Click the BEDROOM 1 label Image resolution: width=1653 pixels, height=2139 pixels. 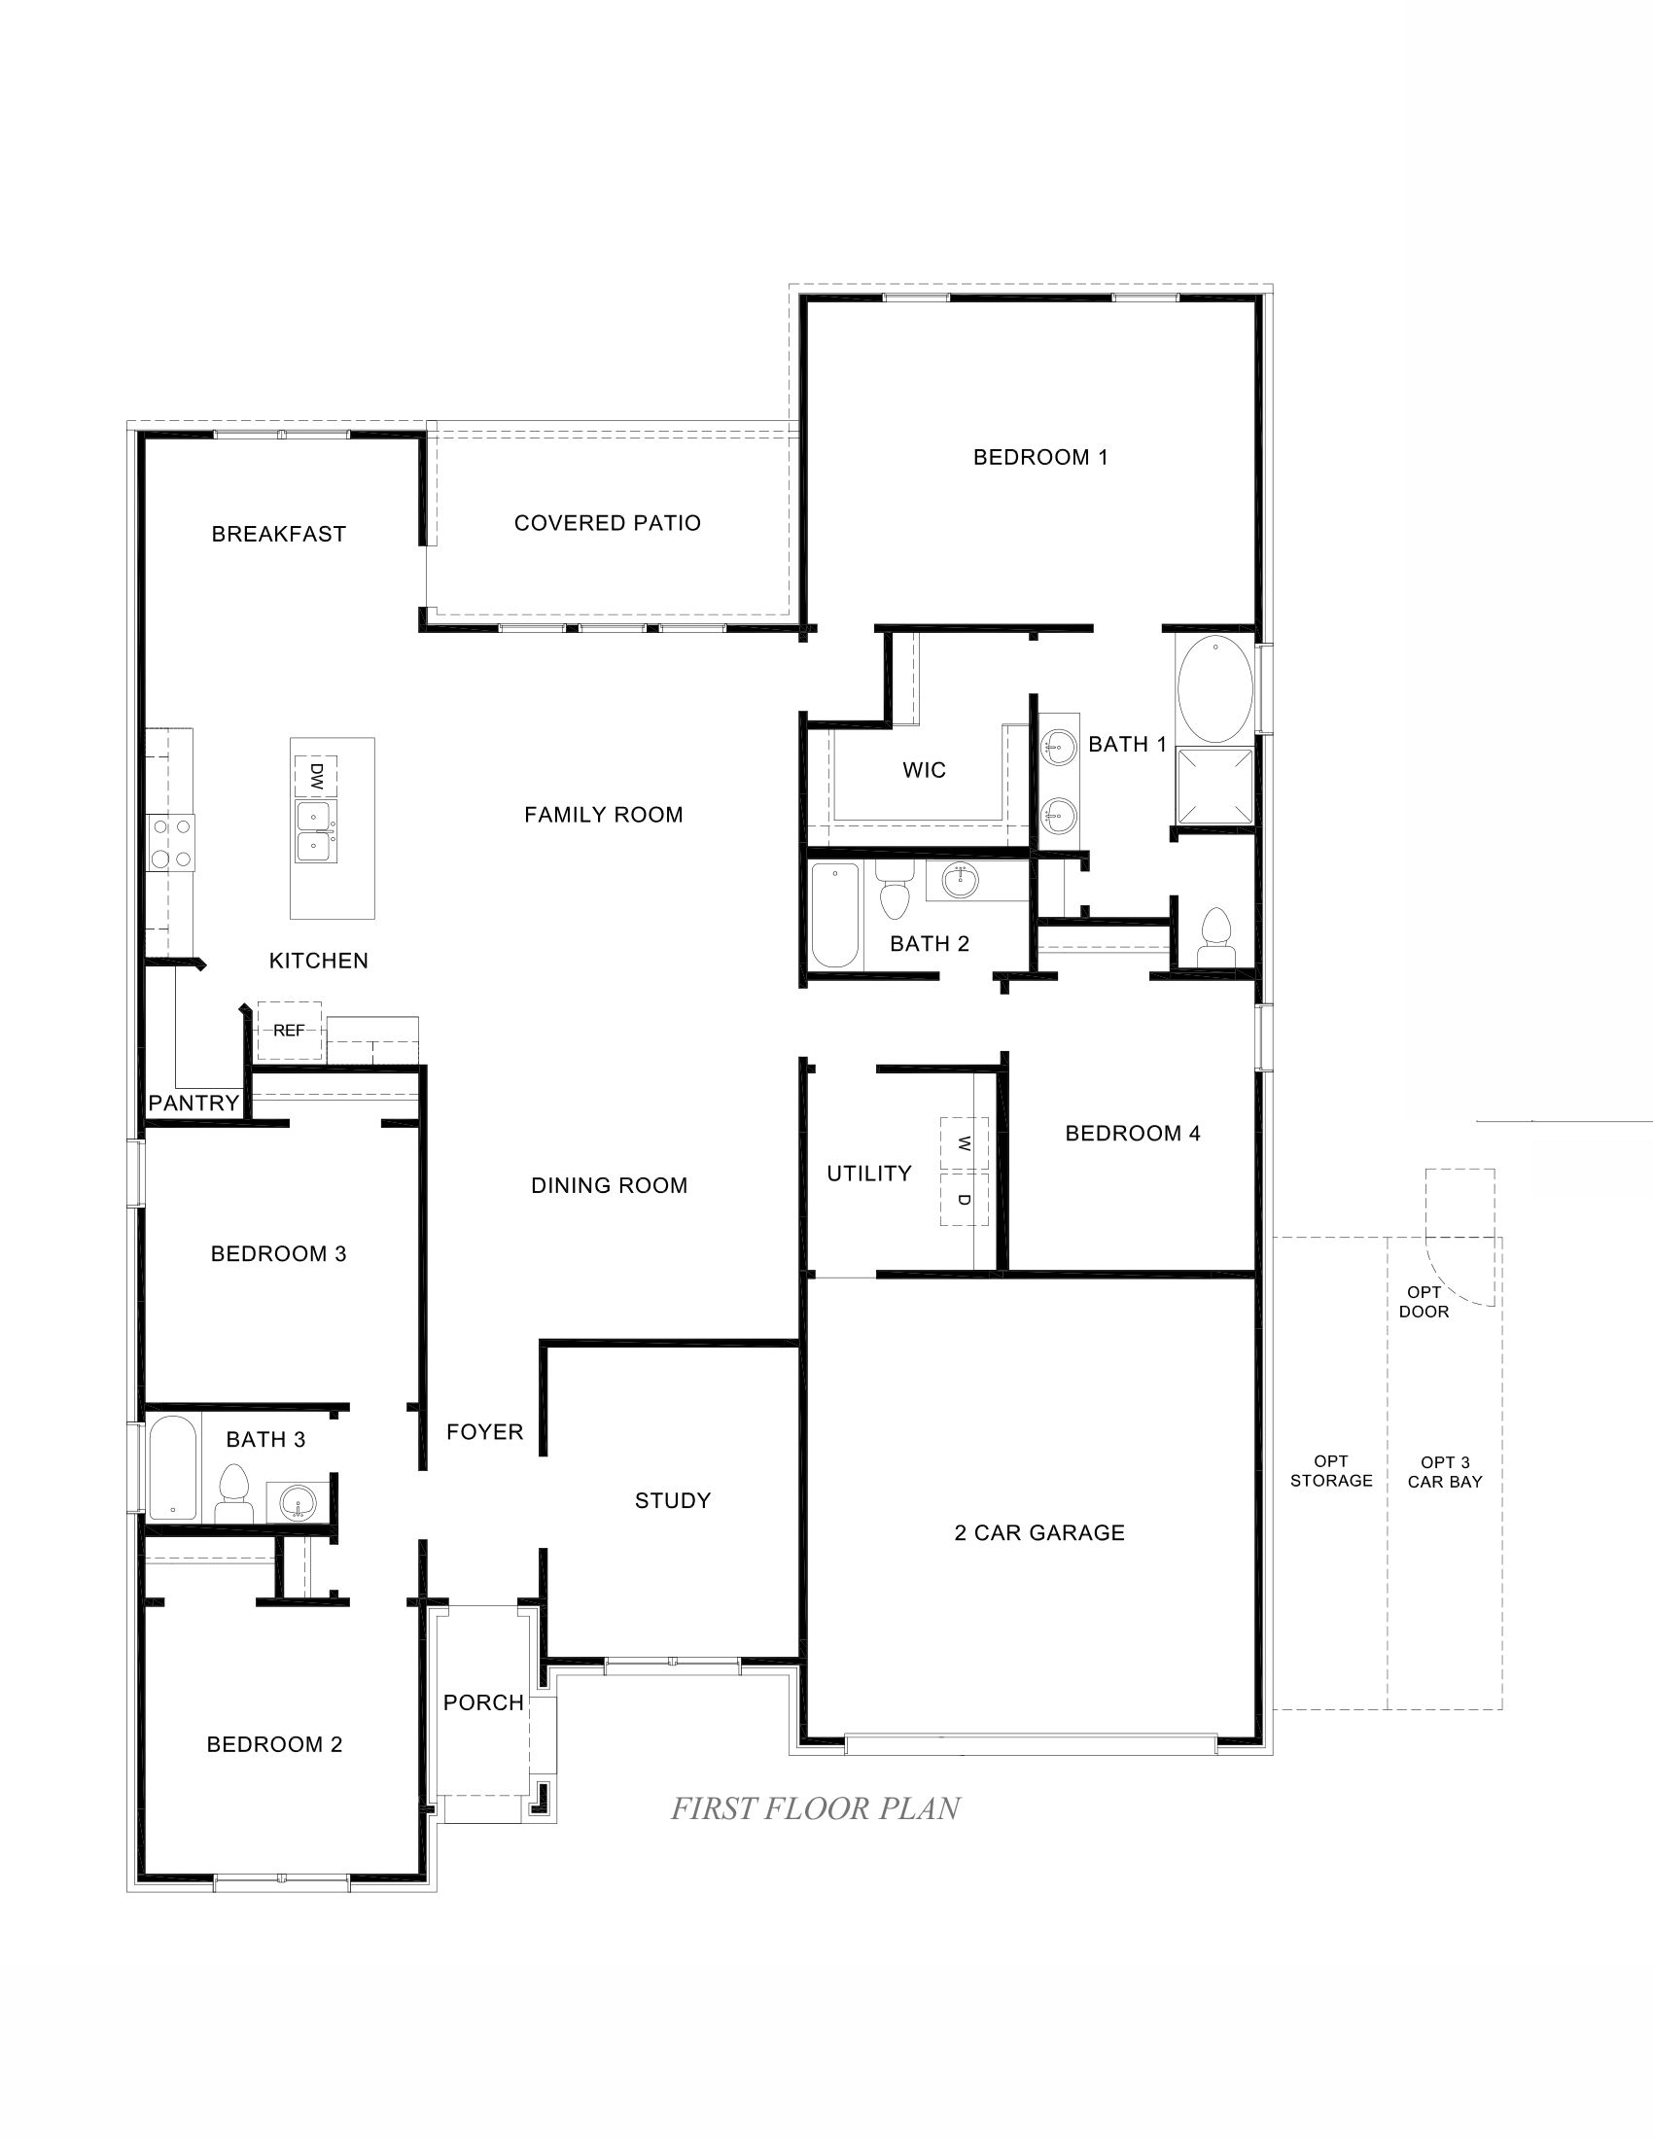(1040, 457)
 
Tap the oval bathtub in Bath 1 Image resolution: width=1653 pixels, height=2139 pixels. (1214, 689)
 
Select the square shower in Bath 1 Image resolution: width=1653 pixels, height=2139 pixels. (1214, 787)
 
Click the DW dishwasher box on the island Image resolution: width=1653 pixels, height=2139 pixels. (315, 777)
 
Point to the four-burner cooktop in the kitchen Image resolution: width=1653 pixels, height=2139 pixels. (170, 843)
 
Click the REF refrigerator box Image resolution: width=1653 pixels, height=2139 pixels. (289, 1031)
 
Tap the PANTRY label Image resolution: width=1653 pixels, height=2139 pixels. (193, 1103)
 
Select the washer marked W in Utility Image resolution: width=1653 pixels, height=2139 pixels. (964, 1143)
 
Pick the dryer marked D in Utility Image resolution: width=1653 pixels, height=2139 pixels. (964, 1199)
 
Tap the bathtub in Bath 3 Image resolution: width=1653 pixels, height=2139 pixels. (173, 1467)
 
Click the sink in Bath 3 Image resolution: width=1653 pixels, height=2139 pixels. (298, 1501)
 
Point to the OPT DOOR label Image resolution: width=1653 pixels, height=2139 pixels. (1424, 1302)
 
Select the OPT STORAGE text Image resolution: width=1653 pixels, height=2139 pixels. (1331, 1470)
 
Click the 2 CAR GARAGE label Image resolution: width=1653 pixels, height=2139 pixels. (1039, 1532)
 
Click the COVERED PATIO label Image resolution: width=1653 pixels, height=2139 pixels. (607, 523)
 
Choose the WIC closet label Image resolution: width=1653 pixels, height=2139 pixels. (925, 770)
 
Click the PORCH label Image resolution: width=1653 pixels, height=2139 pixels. (484, 1702)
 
